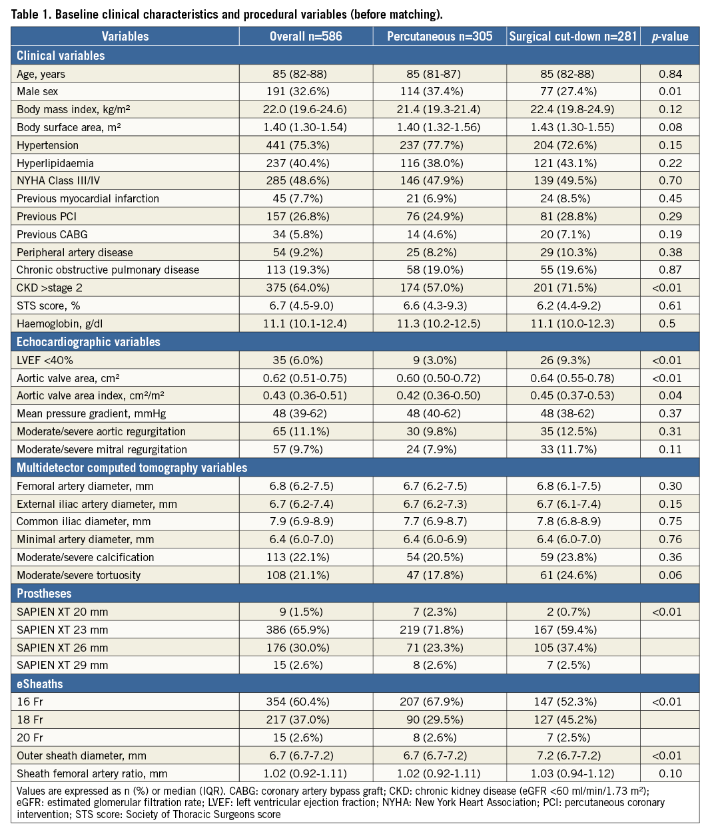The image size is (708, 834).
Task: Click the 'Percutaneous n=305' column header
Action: (440, 37)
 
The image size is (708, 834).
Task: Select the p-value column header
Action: (670, 37)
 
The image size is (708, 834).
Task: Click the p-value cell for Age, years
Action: (670, 74)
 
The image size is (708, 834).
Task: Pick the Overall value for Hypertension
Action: (306, 145)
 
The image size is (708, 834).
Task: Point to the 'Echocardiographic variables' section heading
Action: (89, 342)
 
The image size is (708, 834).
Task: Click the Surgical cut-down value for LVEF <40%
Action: (573, 360)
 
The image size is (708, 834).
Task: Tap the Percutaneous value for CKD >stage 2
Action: (440, 288)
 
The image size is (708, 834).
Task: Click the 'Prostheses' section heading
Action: (44, 593)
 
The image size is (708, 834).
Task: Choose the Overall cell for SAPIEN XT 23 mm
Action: (306, 630)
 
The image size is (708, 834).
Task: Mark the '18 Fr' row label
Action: (29, 720)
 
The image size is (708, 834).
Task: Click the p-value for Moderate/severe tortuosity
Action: (670, 575)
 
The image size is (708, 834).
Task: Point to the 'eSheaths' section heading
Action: (39, 683)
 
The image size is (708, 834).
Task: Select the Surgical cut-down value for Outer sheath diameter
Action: (573, 755)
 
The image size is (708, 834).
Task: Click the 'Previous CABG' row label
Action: (52, 234)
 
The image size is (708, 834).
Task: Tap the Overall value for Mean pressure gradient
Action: (306, 413)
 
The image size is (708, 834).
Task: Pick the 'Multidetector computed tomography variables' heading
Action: (132, 468)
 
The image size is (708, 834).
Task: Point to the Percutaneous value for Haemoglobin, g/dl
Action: (440, 323)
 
